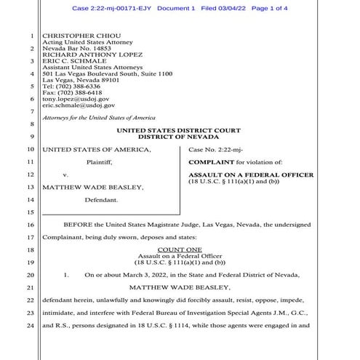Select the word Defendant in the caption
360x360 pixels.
click(x=100, y=199)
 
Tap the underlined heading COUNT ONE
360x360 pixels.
click(x=180, y=249)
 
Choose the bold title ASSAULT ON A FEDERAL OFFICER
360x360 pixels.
click(x=251, y=175)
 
